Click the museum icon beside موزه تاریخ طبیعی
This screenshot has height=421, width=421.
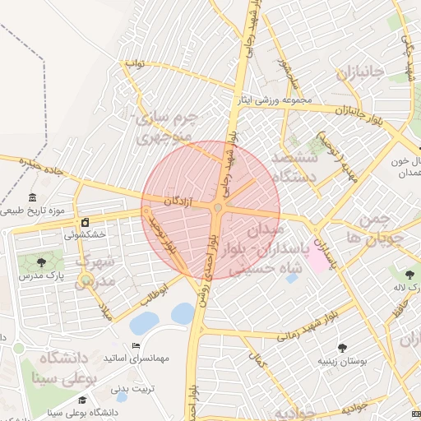click(x=32, y=198)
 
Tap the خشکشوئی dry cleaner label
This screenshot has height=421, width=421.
click(x=86, y=234)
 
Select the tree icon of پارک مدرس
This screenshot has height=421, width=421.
click(x=41, y=263)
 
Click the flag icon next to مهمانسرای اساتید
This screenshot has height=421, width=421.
click(x=136, y=345)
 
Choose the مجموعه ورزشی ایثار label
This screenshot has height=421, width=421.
click(x=275, y=100)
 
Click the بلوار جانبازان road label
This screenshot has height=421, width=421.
click(x=354, y=112)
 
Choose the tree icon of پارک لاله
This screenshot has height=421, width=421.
click(x=409, y=274)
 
